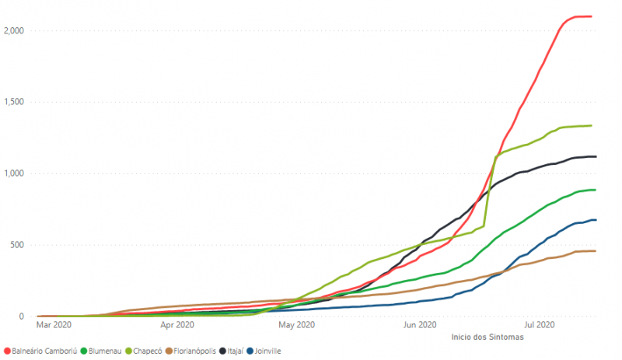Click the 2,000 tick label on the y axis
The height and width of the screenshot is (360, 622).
click(x=14, y=30)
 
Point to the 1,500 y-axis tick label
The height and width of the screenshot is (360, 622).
click(x=14, y=102)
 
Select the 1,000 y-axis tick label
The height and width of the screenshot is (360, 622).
click(x=14, y=173)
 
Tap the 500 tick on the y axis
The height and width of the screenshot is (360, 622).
click(x=18, y=245)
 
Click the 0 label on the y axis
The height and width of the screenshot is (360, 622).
click(x=23, y=316)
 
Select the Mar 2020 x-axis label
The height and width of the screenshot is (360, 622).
click(x=54, y=325)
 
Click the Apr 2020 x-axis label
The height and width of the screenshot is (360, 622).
click(x=177, y=325)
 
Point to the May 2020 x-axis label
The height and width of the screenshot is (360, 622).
click(x=295, y=325)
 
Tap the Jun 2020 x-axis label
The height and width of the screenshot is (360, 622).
click(x=419, y=325)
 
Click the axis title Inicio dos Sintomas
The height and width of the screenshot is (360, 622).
click(x=487, y=337)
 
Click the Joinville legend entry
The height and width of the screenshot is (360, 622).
click(x=264, y=351)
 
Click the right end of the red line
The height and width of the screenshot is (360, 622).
click(x=592, y=16)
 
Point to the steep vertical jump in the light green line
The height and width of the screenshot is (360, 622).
click(x=490, y=190)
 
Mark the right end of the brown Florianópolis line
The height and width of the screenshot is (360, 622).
click(x=595, y=251)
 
